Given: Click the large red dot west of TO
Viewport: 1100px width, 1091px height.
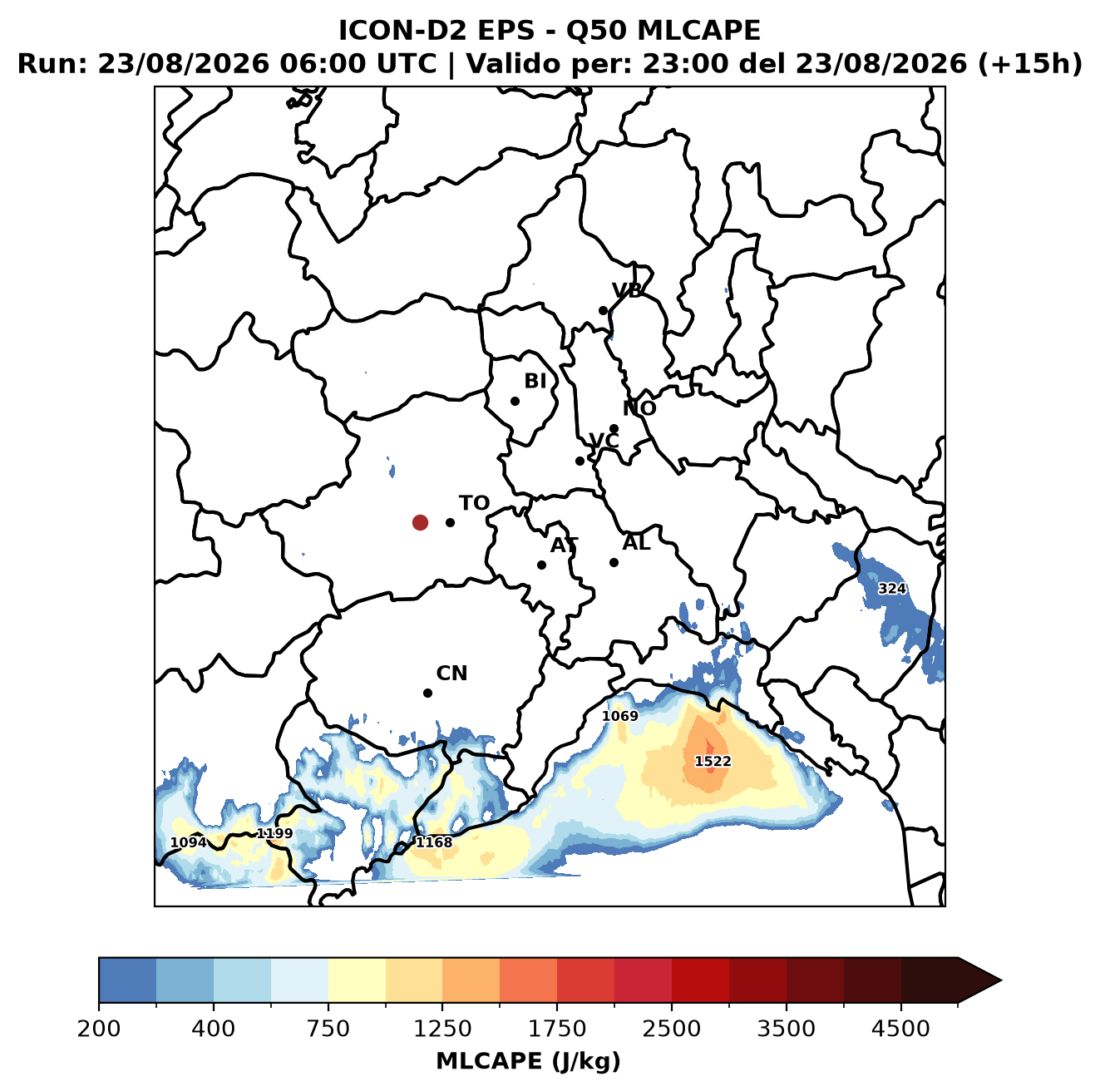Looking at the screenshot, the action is tap(420, 522).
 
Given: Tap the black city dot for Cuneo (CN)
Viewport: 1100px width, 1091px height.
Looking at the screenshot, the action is tap(427, 693).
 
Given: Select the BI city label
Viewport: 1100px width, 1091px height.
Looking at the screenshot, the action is tap(535, 381).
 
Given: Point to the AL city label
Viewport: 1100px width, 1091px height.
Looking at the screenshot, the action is tap(636, 543).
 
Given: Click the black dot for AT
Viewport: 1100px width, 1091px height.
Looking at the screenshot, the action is tap(541, 565).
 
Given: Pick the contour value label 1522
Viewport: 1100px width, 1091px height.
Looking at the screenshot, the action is tap(713, 761).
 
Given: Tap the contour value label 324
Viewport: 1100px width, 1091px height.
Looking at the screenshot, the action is tap(891, 589).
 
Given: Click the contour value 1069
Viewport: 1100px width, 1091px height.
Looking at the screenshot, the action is tap(620, 716).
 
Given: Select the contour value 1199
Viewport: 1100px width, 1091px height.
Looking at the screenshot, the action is tap(274, 833).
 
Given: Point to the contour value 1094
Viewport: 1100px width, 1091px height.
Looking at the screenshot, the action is tap(189, 842).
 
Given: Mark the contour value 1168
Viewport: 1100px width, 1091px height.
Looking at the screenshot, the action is tap(434, 842).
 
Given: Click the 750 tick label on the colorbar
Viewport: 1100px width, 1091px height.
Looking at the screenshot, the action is tap(328, 1028).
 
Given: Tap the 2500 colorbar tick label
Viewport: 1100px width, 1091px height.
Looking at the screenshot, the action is tap(671, 1028).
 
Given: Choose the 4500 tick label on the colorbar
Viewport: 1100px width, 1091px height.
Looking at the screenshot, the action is tap(900, 1028).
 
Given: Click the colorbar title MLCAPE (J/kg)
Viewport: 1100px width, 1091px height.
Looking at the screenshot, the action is tap(528, 1061).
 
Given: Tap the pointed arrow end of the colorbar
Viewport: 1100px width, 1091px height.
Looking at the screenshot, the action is tap(999, 980).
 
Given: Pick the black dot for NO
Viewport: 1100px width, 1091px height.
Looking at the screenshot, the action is tap(614, 429).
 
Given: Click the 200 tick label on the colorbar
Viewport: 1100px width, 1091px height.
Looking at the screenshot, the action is tap(99, 1028).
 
